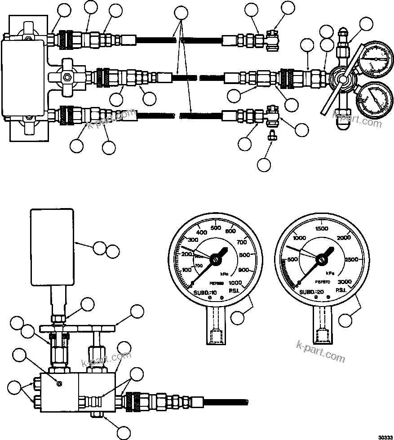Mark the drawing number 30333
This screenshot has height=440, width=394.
[385, 436]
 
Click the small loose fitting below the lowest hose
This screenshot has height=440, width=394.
[270, 135]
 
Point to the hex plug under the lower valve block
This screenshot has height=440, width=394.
[96, 414]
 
